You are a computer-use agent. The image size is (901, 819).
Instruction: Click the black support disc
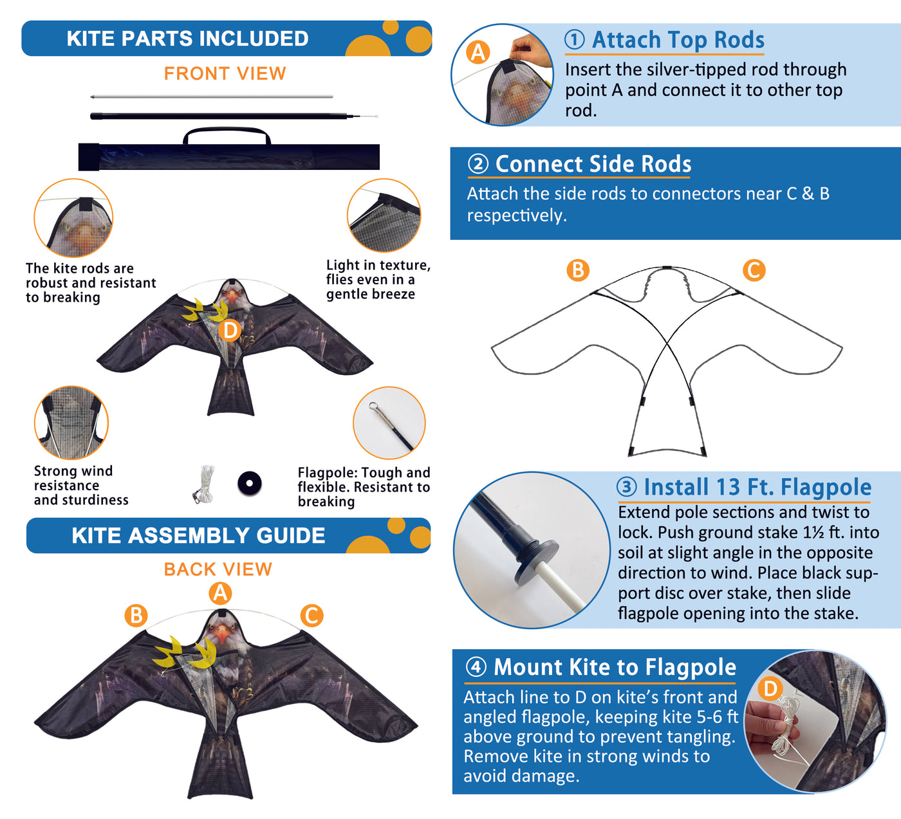click(x=249, y=483)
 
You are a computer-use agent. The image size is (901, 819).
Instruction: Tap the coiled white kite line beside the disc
click(x=205, y=484)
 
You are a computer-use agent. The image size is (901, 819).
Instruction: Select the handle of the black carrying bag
click(x=227, y=134)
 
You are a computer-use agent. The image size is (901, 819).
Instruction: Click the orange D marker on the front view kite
click(x=230, y=331)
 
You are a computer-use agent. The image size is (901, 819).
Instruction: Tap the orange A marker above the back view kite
click(x=220, y=593)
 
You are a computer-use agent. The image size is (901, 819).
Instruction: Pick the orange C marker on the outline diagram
click(x=754, y=270)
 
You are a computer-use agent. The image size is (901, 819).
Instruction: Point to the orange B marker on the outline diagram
click(x=578, y=270)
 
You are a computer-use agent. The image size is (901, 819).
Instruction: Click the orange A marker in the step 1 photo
click(x=478, y=53)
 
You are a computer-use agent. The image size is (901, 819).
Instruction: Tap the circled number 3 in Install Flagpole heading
click(x=627, y=487)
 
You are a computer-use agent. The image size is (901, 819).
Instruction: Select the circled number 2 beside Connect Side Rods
click(x=478, y=164)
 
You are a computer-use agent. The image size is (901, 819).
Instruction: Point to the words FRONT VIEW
click(x=225, y=73)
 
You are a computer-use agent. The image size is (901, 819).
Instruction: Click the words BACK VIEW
click(x=218, y=569)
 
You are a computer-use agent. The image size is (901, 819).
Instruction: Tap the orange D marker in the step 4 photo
click(x=770, y=688)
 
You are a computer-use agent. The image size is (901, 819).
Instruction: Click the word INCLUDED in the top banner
click(x=254, y=39)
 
